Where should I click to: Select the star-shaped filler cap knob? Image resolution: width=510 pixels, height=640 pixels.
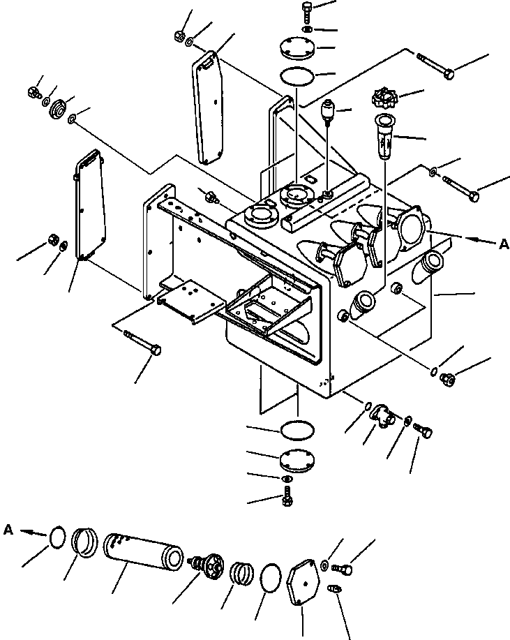(386, 95)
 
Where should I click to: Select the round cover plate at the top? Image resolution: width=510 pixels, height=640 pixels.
(297, 49)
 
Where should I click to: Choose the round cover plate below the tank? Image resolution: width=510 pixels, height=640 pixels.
(296, 461)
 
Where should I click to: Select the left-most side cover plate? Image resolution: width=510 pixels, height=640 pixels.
(89, 208)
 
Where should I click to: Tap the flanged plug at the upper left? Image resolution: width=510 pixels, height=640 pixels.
(57, 109)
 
